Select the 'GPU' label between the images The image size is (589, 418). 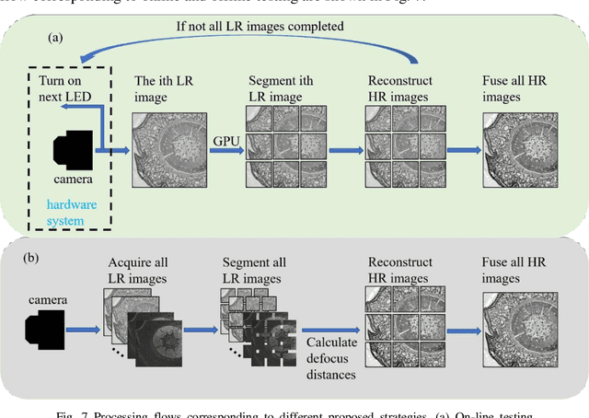225,141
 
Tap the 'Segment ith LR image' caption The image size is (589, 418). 282,88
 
